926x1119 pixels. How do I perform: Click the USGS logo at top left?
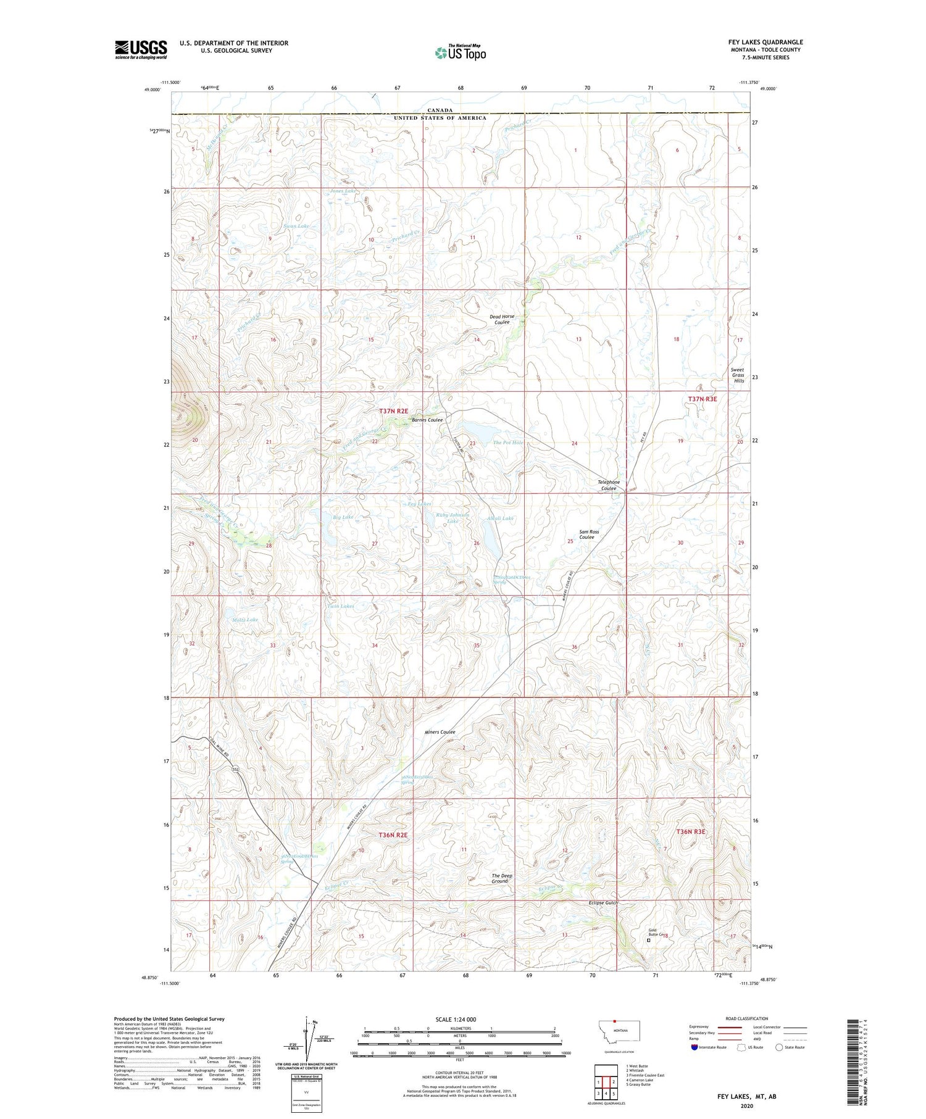pos(141,49)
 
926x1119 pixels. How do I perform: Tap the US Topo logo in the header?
pos(461,52)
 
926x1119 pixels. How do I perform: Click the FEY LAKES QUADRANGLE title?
pos(765,42)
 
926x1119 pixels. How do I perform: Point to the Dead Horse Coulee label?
pos(502,319)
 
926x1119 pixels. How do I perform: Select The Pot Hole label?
pos(508,443)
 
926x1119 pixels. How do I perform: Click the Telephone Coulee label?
pos(609,485)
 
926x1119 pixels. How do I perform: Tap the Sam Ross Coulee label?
pos(588,534)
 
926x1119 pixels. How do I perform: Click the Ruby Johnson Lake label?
pos(453,518)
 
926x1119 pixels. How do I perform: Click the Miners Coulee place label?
pos(440,732)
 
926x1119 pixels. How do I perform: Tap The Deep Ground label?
pos(501,878)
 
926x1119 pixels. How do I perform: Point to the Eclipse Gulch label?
pos(603,902)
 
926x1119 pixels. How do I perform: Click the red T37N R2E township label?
pos(393,410)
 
